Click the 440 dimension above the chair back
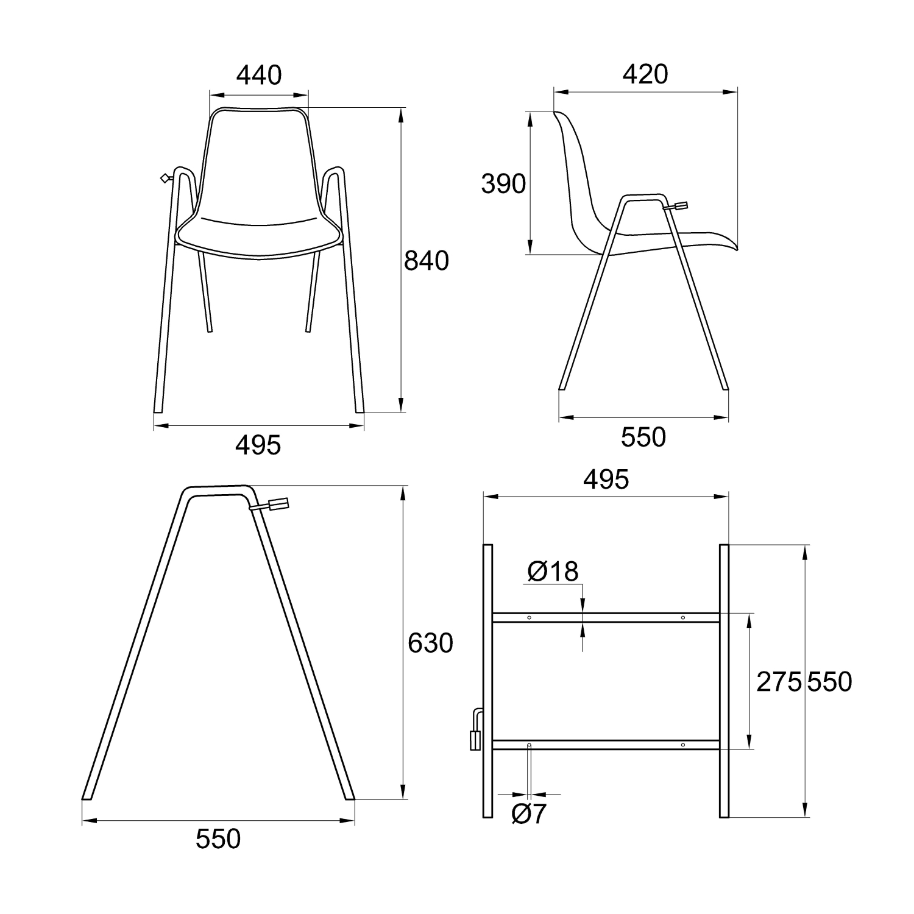pos(259,75)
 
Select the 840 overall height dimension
pos(427,261)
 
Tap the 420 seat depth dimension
pos(645,74)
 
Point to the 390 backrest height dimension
pos(503,183)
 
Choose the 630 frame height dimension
pos(430,643)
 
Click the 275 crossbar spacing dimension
pos(779,682)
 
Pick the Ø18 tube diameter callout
pos(553,571)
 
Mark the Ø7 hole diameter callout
pos(529,814)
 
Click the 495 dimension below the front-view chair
pos(258,445)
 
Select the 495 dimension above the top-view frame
pos(606,480)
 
